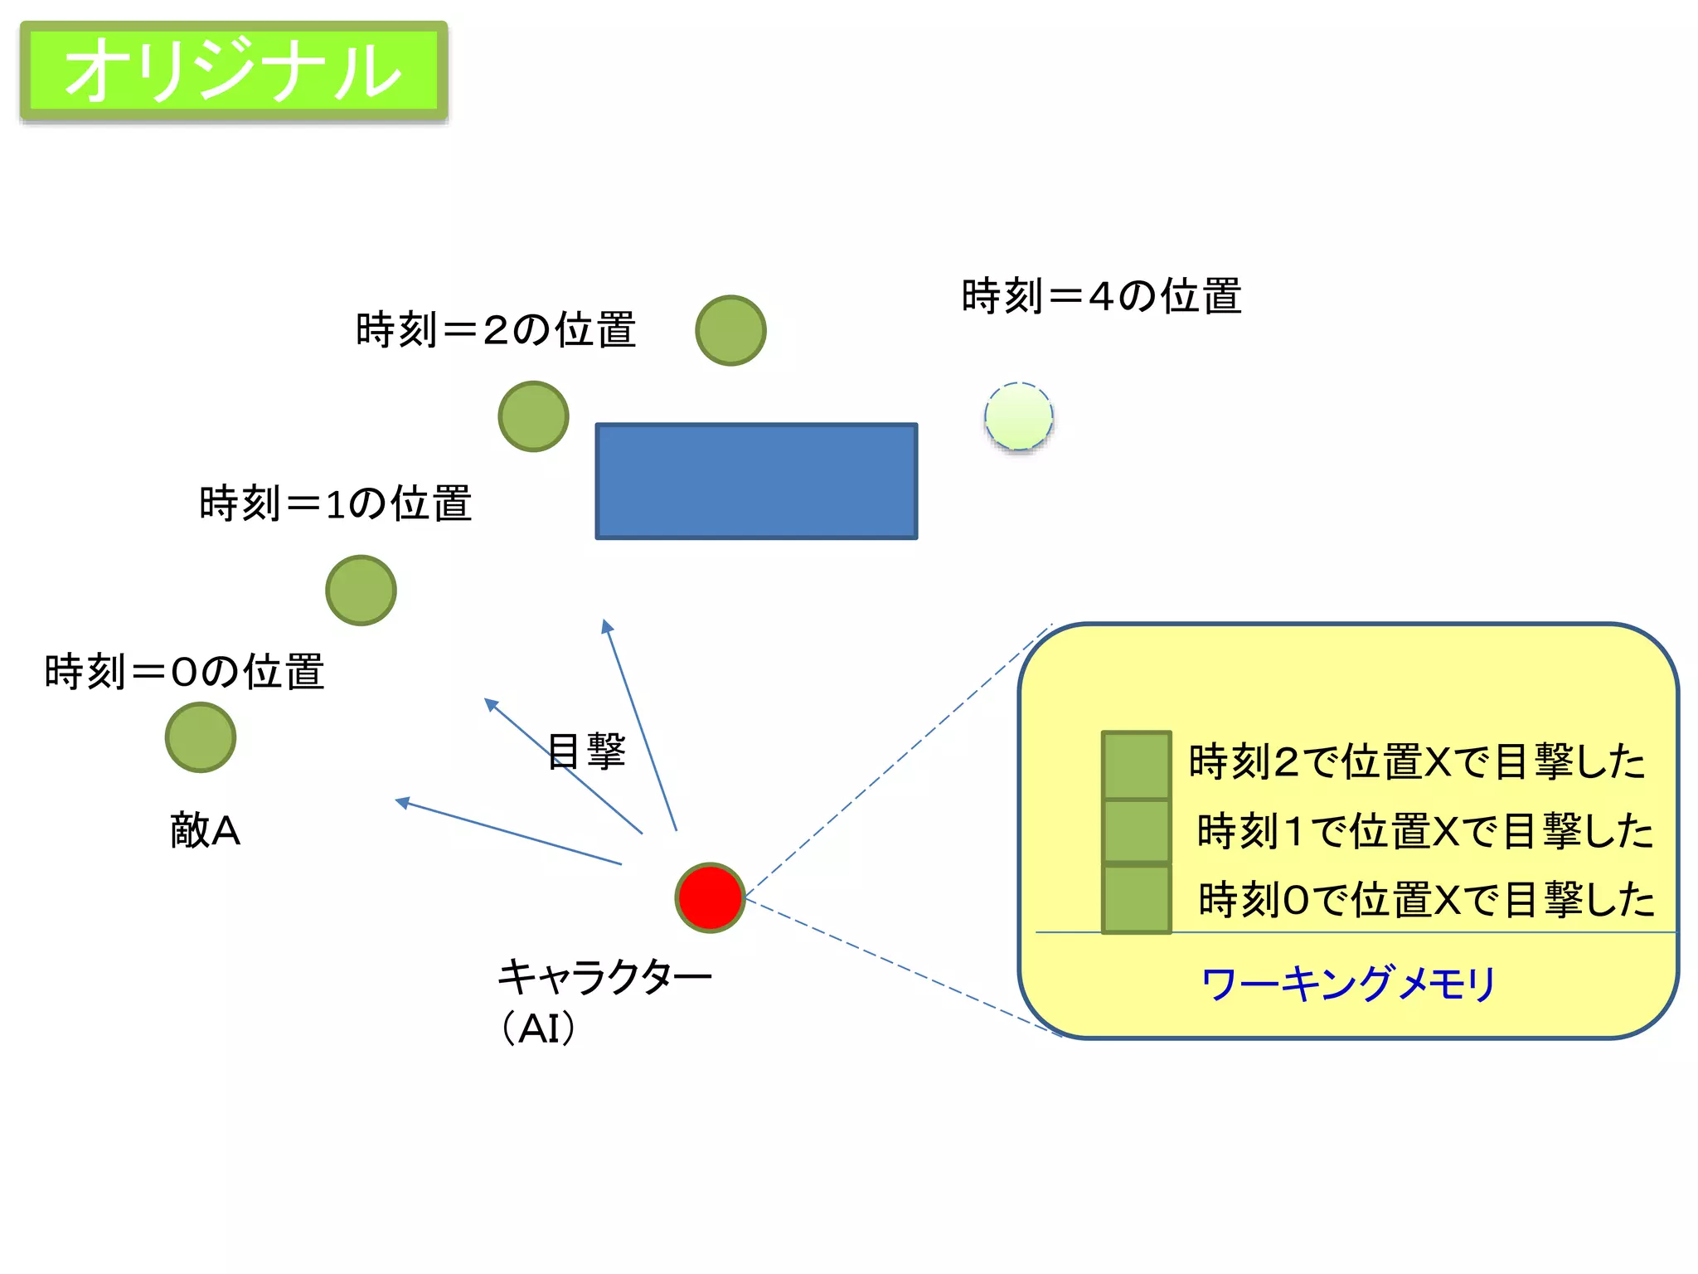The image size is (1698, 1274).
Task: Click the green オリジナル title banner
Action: (x=234, y=71)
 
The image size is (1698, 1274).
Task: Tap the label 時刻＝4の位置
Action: (x=1101, y=296)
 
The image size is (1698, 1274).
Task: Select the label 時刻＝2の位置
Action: (x=496, y=330)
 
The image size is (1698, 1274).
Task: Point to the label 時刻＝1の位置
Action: (x=336, y=503)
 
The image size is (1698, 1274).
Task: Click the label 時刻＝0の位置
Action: (x=184, y=672)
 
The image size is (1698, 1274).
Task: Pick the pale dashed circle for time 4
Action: (x=1019, y=416)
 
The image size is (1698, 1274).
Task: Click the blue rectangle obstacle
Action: (x=756, y=481)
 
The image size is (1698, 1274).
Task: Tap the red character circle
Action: (x=710, y=897)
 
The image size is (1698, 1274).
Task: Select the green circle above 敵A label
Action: (x=201, y=737)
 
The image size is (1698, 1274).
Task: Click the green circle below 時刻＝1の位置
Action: (x=361, y=590)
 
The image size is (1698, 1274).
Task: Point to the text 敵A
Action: (x=205, y=830)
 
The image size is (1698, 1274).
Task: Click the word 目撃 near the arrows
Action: (x=586, y=751)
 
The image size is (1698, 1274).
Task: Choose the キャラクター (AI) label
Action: (x=604, y=1000)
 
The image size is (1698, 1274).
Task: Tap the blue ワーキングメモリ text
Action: (x=1348, y=984)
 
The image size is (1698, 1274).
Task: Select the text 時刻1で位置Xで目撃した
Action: (x=1424, y=831)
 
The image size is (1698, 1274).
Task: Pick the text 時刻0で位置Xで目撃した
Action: (x=1426, y=900)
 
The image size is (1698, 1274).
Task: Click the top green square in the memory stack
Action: (x=1136, y=765)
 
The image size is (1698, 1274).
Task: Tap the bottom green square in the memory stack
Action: (x=1136, y=899)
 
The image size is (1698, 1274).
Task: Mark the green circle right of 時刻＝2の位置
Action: (x=730, y=330)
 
